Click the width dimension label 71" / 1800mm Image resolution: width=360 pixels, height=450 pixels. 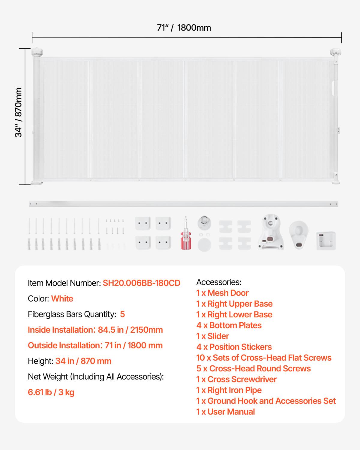point(184,28)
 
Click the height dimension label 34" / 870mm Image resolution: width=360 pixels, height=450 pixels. point(19,112)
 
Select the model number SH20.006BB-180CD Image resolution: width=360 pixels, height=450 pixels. point(142,283)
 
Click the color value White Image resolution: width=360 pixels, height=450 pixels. point(62,299)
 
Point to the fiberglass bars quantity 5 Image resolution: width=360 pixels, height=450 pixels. point(122,314)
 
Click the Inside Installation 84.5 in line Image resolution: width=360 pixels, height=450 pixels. point(95,330)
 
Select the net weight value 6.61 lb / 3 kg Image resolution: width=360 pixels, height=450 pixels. point(51,392)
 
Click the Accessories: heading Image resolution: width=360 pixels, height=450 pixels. point(219,282)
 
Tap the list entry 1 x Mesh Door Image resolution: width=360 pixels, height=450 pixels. point(222,293)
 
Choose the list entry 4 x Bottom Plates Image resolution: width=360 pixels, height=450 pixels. point(229,325)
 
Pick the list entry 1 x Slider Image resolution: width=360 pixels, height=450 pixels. point(213,336)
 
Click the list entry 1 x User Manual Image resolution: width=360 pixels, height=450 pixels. point(226,412)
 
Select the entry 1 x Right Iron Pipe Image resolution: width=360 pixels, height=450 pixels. point(229,390)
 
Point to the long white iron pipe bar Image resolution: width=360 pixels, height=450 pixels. point(183,204)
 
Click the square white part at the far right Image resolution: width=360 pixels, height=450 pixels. point(326,241)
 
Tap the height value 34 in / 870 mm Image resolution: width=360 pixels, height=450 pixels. point(83,361)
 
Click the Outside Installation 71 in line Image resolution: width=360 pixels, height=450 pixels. point(95,346)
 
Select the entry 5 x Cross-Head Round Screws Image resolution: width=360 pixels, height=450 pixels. point(253,369)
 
